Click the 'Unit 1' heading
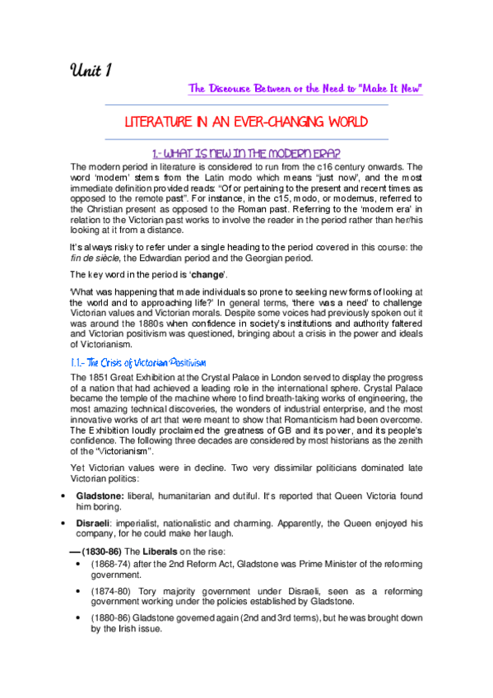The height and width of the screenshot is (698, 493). (x=91, y=71)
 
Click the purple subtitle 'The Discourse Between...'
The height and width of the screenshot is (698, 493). (x=305, y=88)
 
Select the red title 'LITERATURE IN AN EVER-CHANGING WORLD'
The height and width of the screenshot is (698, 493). (x=246, y=122)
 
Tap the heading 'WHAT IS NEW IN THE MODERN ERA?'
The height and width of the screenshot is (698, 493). (x=247, y=153)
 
